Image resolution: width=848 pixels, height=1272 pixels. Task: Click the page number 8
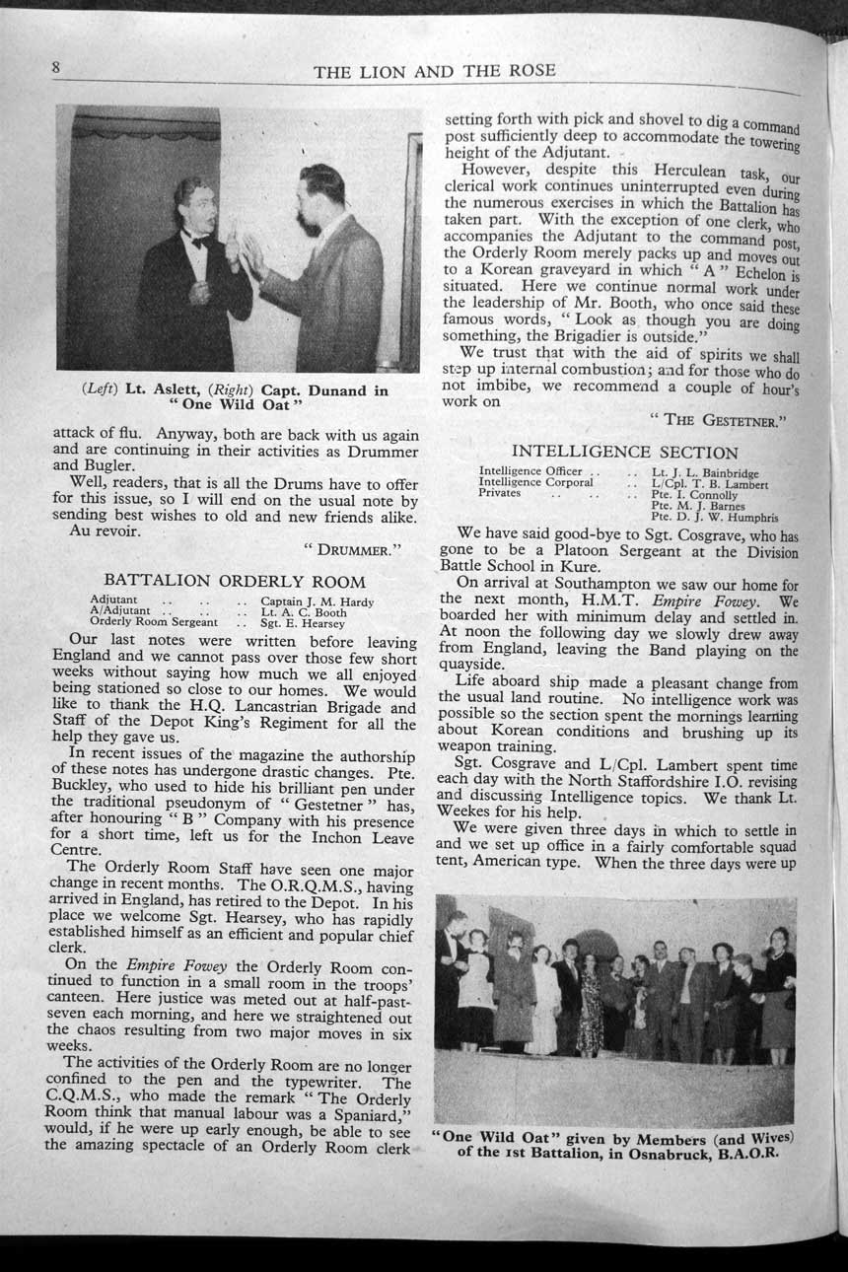[57, 67]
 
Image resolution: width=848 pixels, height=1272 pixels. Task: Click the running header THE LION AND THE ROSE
[434, 70]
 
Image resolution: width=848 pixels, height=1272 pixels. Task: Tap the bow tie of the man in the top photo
[200, 242]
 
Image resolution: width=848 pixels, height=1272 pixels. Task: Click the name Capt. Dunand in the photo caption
[314, 390]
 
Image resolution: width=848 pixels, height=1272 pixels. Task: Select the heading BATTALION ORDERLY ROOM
[235, 582]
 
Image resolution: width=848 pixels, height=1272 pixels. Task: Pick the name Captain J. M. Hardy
[317, 601]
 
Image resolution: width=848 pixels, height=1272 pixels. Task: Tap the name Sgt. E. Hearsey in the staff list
[303, 623]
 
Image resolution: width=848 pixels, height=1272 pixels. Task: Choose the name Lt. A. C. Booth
[303, 612]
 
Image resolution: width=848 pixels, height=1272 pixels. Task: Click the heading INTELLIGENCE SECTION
[624, 453]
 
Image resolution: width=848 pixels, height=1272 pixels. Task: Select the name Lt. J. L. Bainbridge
[705, 473]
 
